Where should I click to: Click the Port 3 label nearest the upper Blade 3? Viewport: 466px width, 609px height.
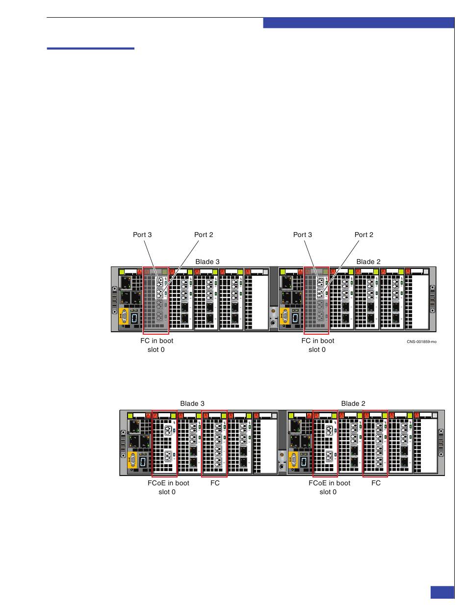click(142, 235)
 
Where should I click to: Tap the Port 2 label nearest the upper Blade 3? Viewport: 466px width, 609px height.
click(204, 235)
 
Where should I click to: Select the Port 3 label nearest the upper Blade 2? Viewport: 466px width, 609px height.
click(303, 235)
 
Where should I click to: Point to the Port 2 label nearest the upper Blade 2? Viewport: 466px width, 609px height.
click(364, 235)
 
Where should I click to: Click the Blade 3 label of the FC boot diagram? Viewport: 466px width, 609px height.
click(207, 262)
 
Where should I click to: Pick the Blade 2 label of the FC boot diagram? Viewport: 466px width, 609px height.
click(368, 262)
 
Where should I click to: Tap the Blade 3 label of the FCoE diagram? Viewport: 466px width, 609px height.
click(192, 403)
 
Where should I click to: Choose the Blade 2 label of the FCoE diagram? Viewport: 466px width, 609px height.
click(353, 403)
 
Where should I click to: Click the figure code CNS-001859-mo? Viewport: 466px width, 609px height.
click(421, 342)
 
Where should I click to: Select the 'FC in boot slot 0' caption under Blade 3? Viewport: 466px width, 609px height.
click(156, 345)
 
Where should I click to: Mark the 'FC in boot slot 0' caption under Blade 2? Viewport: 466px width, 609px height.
click(317, 345)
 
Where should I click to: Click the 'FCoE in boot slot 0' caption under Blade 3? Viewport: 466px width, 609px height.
click(168, 487)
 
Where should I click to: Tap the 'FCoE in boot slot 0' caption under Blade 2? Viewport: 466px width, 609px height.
click(329, 487)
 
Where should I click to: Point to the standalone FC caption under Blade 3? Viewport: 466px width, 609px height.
click(215, 483)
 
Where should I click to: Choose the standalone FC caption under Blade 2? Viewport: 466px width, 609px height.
click(376, 483)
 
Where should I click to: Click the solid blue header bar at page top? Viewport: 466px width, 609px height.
click(359, 23)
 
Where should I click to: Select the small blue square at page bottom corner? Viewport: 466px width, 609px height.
click(442, 592)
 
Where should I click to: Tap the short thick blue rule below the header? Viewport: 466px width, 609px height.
click(90, 49)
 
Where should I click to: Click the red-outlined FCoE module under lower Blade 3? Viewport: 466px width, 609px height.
click(164, 443)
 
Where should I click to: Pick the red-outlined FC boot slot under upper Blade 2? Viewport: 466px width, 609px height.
click(316, 300)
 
